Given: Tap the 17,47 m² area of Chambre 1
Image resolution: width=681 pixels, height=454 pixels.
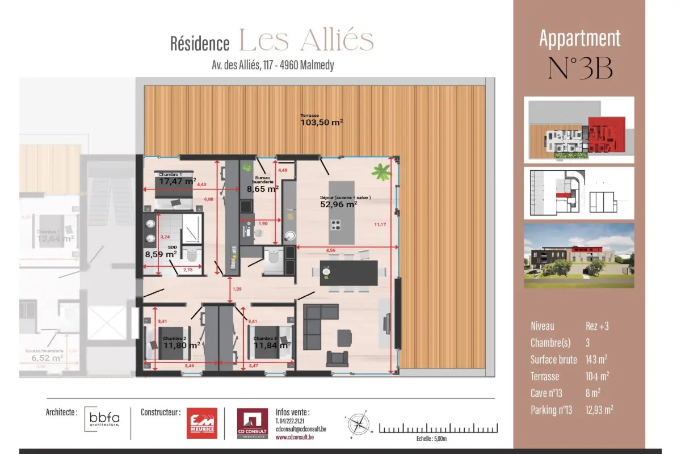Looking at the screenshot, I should coord(177,182).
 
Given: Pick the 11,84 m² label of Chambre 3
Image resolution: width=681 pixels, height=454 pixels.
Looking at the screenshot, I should coord(272,344).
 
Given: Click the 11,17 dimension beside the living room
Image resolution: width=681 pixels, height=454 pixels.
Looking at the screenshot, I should coord(380,225).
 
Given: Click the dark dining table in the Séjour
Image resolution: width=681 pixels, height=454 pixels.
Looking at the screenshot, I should coord(348,273).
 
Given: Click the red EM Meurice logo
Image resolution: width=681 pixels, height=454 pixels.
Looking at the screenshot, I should coord(202,423).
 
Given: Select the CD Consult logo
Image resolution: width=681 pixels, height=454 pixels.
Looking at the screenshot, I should coord(252,423).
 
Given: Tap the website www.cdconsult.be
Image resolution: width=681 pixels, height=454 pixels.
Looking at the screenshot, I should coord(296,438).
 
